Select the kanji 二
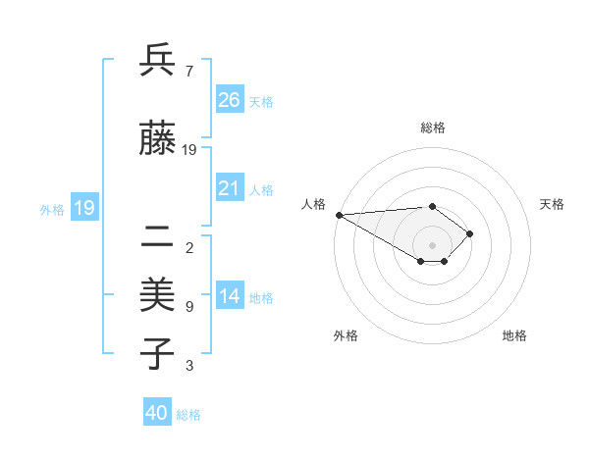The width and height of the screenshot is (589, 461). tap(157, 236)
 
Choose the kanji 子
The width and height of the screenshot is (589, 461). tap(157, 354)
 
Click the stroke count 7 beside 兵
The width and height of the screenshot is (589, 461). tap(188, 71)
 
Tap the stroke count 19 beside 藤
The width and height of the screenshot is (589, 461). tap(189, 150)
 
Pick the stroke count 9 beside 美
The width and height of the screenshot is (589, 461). tap(188, 306)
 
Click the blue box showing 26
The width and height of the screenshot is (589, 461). tap(229, 99)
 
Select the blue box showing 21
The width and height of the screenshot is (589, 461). tap(229, 188)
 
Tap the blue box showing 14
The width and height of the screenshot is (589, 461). tap(229, 296)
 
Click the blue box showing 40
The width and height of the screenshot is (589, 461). tap(157, 413)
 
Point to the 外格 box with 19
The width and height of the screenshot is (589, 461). tap(83, 207)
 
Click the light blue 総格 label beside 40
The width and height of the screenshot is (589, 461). tap(189, 415)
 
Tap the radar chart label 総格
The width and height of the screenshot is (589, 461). tap(432, 128)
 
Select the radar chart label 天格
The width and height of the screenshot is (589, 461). tap(553, 204)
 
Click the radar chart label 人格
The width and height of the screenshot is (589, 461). tap(313, 204)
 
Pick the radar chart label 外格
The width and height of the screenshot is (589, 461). tap(346, 335)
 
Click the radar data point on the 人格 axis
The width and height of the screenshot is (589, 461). tap(339, 214)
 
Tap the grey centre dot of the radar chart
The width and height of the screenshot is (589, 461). tap(432, 244)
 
